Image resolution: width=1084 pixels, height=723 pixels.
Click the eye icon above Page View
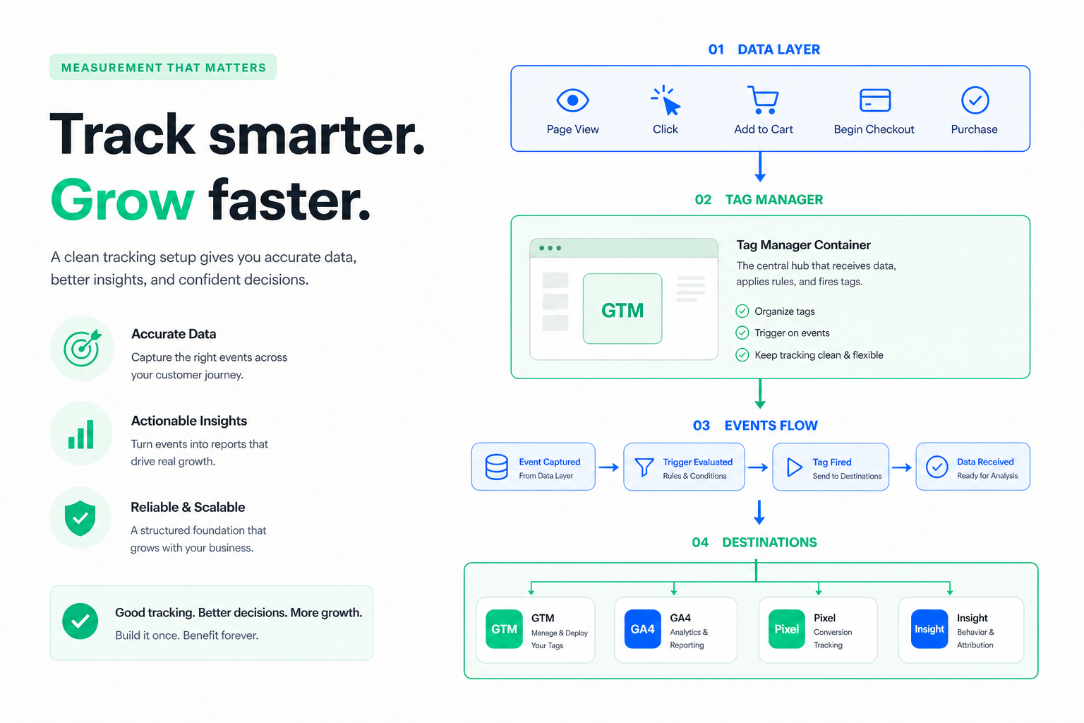(x=572, y=100)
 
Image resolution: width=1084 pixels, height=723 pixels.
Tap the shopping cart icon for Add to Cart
(x=763, y=100)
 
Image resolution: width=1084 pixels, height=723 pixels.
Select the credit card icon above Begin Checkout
(x=875, y=100)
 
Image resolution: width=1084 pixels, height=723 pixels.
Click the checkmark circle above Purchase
(x=975, y=100)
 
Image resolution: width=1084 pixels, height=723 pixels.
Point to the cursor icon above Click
(x=666, y=101)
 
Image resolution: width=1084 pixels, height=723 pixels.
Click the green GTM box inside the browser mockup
(x=622, y=309)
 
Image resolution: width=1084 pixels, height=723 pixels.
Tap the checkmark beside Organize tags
(x=742, y=311)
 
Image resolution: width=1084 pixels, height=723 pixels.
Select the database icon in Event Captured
(x=497, y=467)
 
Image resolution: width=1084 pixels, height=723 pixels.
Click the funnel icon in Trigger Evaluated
(x=644, y=467)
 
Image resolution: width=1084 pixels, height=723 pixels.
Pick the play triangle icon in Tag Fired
(x=794, y=467)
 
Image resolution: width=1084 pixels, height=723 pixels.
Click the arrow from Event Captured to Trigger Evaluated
(x=609, y=467)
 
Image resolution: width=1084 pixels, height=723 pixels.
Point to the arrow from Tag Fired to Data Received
(x=901, y=467)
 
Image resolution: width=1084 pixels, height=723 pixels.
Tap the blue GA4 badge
(x=643, y=629)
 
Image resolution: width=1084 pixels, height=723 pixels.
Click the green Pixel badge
(x=787, y=629)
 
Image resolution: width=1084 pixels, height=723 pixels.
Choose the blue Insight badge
(x=929, y=629)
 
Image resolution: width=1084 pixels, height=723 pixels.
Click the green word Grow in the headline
(x=122, y=200)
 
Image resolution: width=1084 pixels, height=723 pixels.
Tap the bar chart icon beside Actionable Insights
(x=81, y=434)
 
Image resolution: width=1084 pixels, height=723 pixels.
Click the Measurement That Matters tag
(x=163, y=67)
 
